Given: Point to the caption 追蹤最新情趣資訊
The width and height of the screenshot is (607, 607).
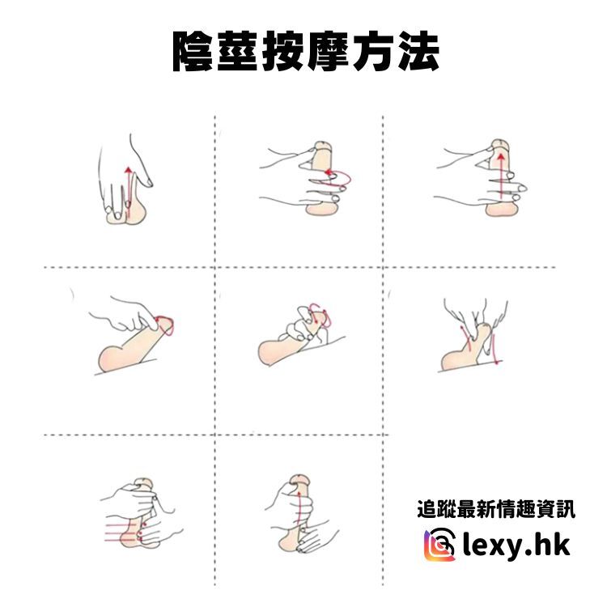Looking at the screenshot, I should point(496,511).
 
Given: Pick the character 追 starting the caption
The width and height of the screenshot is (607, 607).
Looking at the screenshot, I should point(427,511).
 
